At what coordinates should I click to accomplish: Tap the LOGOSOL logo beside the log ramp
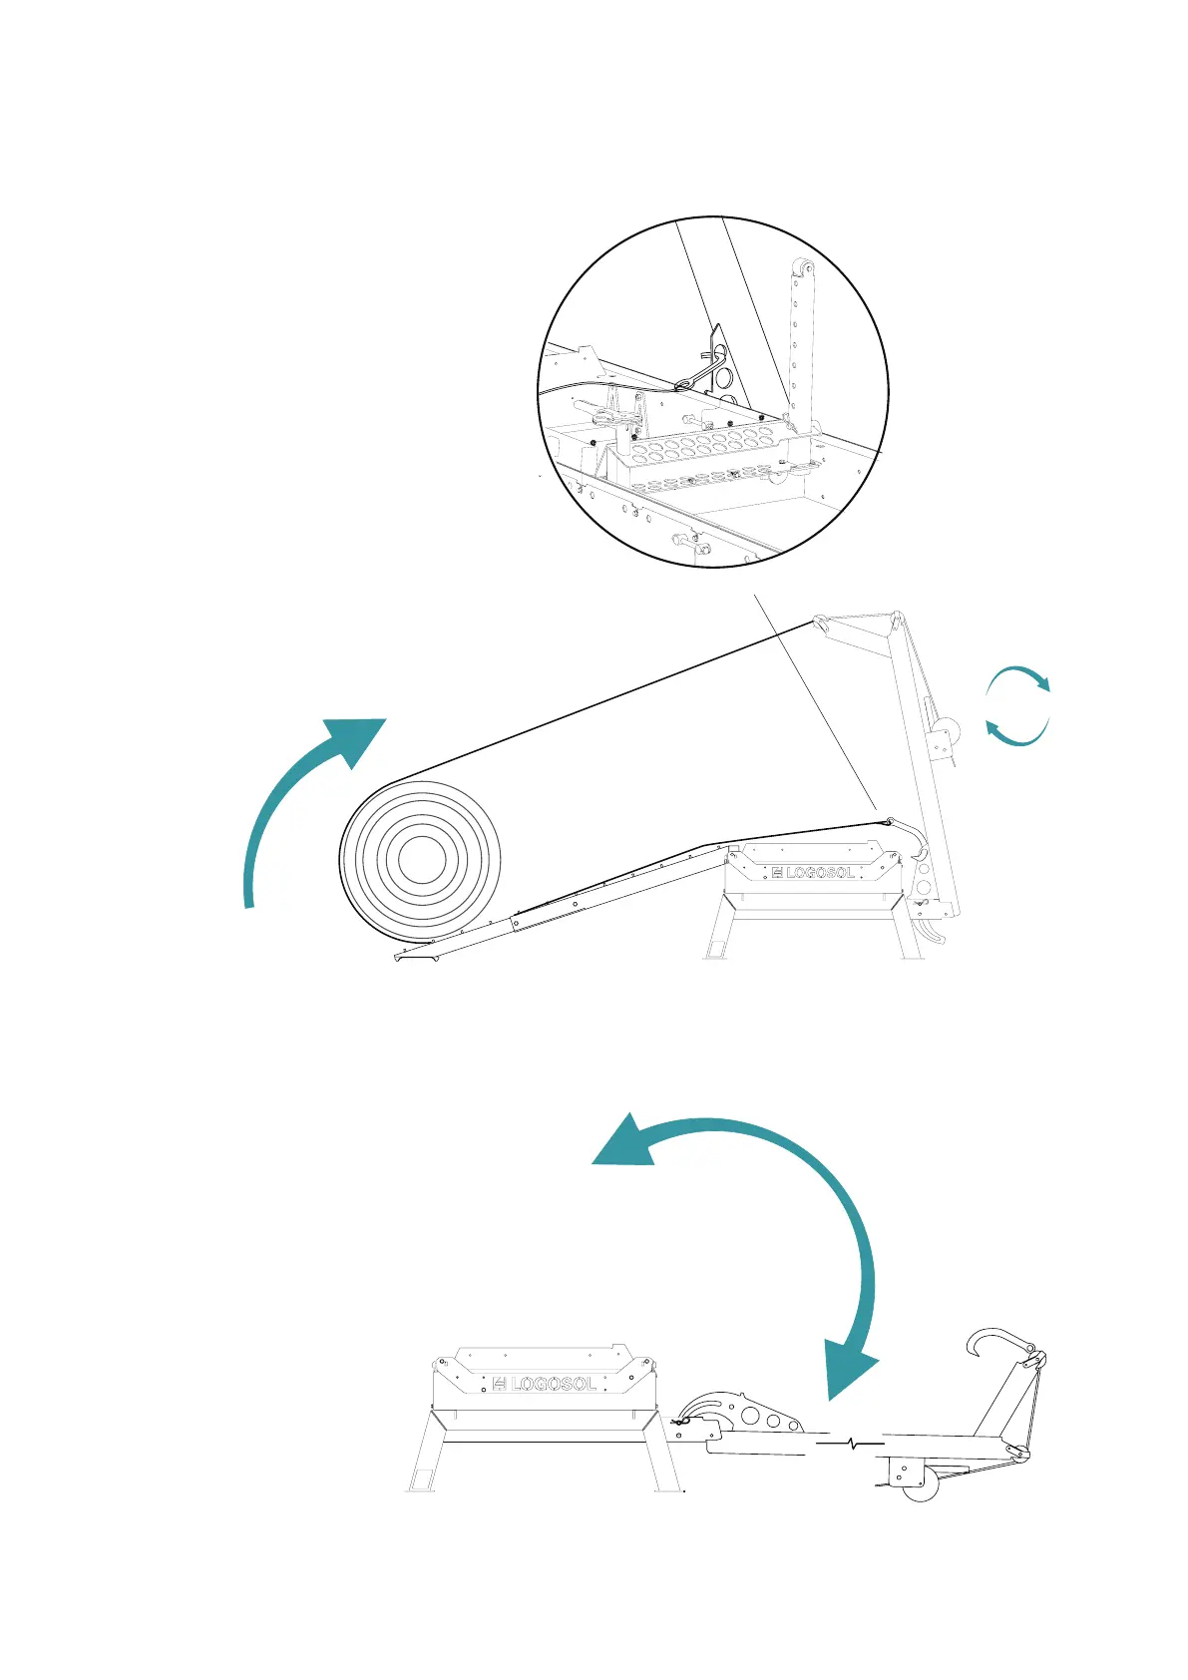coord(813,872)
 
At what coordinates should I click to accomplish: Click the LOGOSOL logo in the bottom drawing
coord(545,1384)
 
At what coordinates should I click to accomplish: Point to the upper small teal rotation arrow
coord(1019,675)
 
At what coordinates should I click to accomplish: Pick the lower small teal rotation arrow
coord(1015,735)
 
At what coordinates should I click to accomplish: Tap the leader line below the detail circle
coord(813,698)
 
